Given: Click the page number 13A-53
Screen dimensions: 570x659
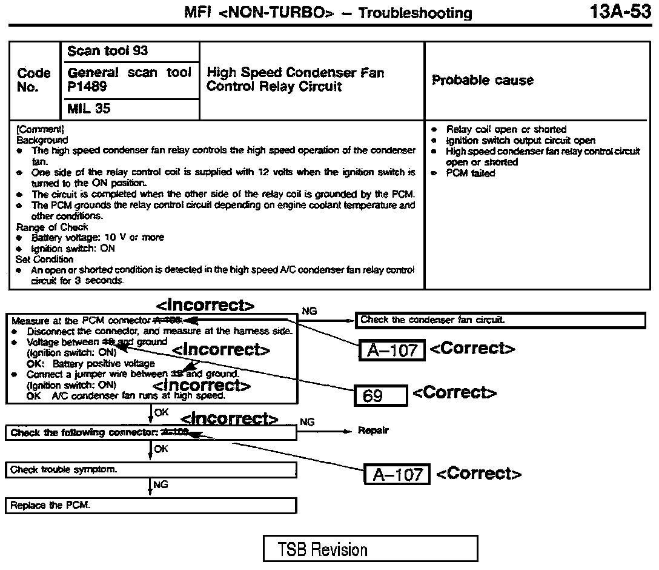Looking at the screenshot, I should (x=620, y=12).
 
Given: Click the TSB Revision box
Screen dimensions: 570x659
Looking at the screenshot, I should (x=370, y=549).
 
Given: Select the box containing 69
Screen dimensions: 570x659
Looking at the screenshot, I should (x=380, y=396).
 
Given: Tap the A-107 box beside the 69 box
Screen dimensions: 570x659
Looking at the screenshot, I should (x=391, y=350).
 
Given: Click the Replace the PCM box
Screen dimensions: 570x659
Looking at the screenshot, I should (x=151, y=505).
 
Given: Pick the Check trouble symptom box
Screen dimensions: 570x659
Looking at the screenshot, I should (x=151, y=469).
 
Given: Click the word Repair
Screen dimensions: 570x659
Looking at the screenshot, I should (x=373, y=431).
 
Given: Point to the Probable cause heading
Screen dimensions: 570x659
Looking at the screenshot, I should (x=483, y=80).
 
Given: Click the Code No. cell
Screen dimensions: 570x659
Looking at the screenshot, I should (x=34, y=80).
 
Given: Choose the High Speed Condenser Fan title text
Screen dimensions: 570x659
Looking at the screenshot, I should (x=295, y=73).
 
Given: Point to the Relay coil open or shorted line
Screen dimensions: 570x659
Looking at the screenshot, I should (x=506, y=129).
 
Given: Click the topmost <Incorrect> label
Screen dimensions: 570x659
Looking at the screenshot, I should (x=205, y=305).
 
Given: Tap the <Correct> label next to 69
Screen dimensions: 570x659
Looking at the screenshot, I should (x=454, y=392).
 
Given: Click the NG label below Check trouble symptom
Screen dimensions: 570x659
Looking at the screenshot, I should (x=161, y=485).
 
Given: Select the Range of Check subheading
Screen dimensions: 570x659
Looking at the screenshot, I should (x=52, y=227).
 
